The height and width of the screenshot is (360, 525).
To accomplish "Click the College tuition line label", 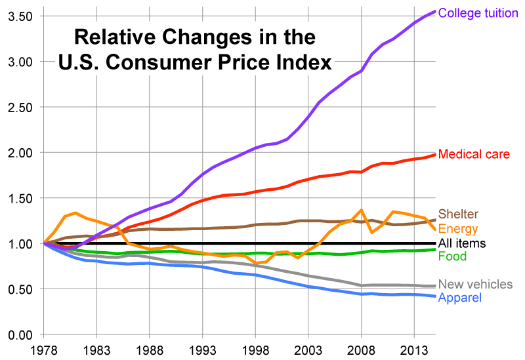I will [x=478, y=13].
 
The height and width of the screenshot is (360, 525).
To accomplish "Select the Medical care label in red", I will [x=473, y=155].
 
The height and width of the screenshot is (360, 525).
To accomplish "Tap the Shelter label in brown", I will [x=458, y=214].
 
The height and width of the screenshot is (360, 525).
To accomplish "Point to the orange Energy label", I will [x=457, y=229].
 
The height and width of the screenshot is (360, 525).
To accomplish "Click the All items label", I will [x=462, y=243].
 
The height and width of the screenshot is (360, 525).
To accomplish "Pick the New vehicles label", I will [x=475, y=284].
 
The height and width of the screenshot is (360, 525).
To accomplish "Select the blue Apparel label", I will [x=460, y=298].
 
